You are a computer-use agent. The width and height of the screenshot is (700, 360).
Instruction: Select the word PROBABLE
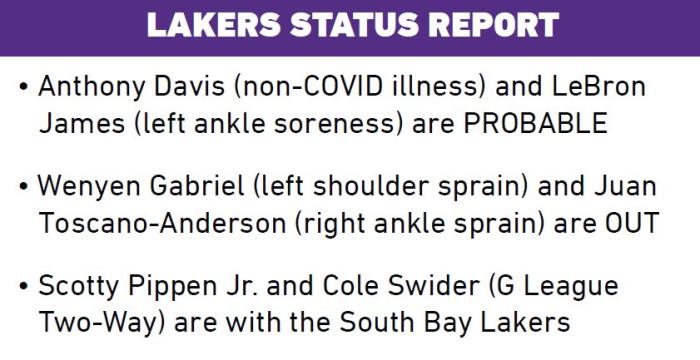pos(535,123)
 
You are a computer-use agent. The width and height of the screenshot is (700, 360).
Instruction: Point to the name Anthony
pos(92,88)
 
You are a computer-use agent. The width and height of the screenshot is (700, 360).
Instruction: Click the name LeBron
pos(599,86)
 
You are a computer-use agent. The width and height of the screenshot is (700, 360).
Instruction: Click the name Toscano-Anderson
pos(162,223)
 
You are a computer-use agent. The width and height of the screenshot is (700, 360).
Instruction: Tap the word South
pos(376,322)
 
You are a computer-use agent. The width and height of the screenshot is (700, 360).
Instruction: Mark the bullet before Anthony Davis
pos(24,87)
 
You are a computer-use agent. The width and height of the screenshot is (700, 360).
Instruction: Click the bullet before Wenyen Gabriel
pos(24,186)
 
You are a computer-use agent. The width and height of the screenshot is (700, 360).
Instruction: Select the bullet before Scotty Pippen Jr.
pos(24,286)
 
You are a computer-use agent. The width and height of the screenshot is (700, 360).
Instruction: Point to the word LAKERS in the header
pos(213,24)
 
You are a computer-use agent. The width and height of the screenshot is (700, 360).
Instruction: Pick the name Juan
pos(625,186)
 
